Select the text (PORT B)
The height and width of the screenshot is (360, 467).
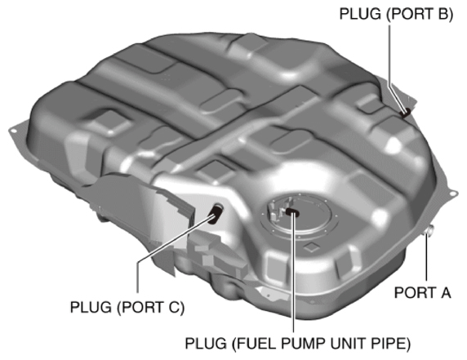pos(417,13)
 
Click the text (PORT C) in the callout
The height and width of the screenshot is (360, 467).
pos(156,308)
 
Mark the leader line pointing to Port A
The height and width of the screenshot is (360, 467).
pos(427,261)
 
